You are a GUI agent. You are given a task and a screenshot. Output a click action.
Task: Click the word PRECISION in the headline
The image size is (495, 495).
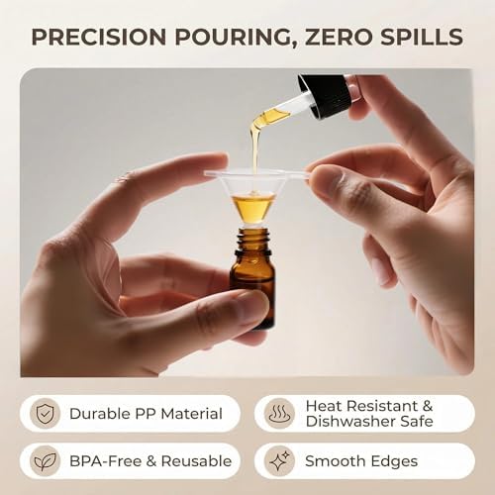point(99,37)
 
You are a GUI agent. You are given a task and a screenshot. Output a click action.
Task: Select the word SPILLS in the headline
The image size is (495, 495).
point(422,37)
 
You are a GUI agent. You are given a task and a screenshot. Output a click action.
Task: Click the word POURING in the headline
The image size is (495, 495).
point(235,38)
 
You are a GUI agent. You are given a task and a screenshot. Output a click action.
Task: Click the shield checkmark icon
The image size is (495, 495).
point(46,414)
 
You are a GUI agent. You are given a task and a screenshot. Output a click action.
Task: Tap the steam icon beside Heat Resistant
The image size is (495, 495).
point(279,414)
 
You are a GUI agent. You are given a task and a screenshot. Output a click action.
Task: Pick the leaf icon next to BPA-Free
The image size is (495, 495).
point(46,461)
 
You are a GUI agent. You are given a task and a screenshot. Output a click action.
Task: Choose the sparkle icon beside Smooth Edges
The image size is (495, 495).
point(279,461)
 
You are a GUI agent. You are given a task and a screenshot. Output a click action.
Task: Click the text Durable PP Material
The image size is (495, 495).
point(146,414)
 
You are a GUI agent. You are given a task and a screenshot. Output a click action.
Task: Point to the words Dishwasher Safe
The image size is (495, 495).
point(369,421)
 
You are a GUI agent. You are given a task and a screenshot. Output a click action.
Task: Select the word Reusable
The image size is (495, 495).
point(196,461)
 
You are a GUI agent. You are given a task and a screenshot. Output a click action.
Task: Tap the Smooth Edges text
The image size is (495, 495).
point(361,461)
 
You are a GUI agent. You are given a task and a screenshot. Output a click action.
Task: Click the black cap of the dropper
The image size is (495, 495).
point(325,95)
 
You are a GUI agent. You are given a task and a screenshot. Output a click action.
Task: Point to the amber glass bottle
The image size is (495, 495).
point(253,277)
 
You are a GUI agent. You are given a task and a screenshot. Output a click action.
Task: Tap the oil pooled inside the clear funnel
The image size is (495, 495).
point(253,207)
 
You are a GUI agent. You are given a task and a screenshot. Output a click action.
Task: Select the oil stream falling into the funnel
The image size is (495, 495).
point(254,148)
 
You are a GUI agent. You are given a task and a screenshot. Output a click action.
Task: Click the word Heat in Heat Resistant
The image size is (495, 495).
point(324,406)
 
